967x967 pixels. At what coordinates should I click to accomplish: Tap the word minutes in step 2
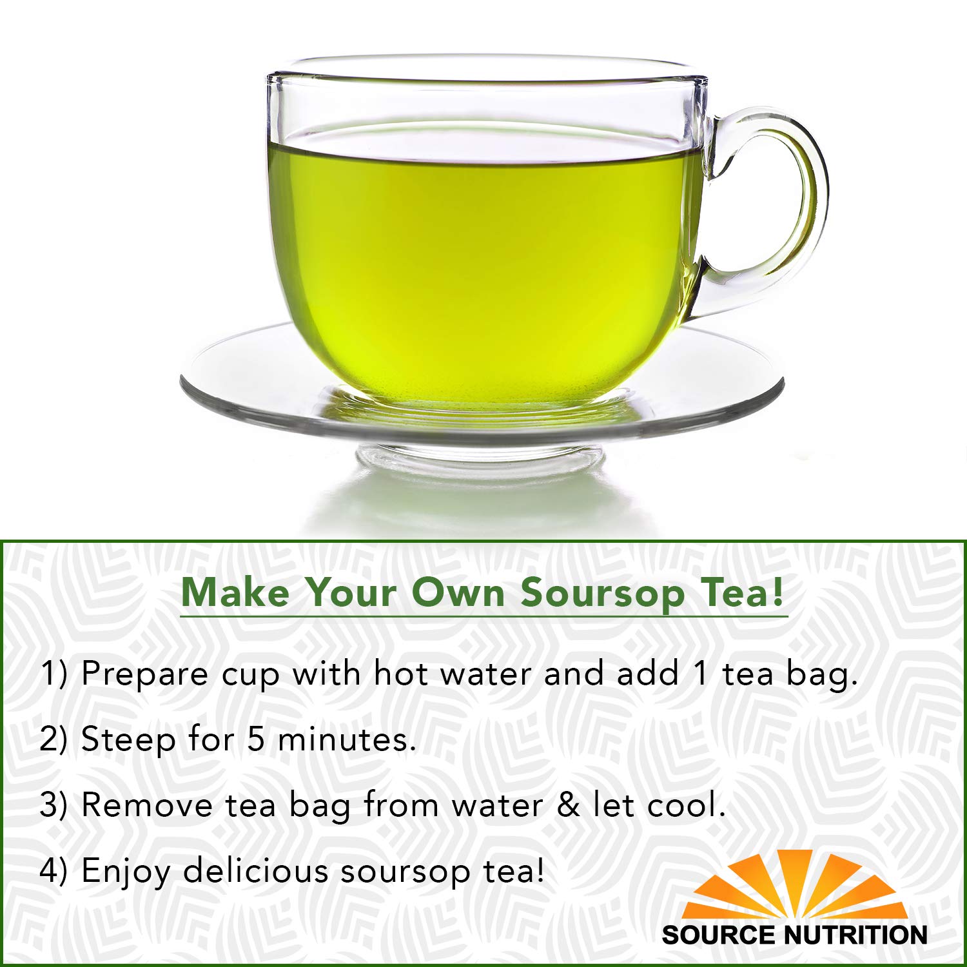(342, 739)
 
